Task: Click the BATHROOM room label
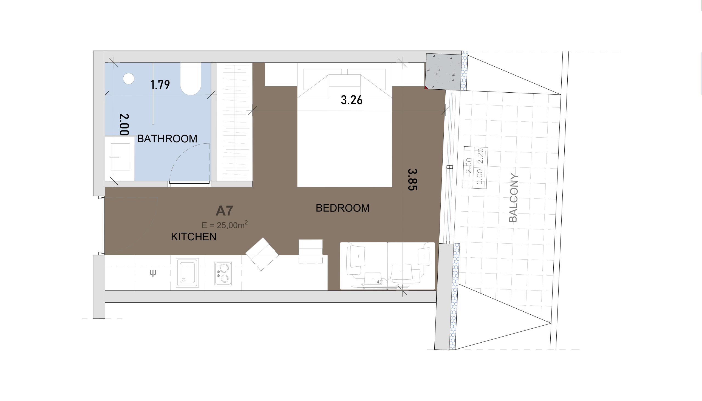167,138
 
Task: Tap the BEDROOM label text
342,208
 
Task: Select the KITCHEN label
193,237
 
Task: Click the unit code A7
224,211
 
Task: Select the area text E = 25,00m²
225,225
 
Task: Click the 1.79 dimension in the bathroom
160,84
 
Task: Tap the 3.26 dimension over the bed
352,100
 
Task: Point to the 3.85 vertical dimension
412,180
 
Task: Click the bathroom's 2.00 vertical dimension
124,124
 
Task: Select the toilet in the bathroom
190,79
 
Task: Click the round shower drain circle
128,78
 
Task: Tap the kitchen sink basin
187,272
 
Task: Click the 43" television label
380,282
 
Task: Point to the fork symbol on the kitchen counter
153,273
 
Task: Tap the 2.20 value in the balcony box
480,156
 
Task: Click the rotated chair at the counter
262,254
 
